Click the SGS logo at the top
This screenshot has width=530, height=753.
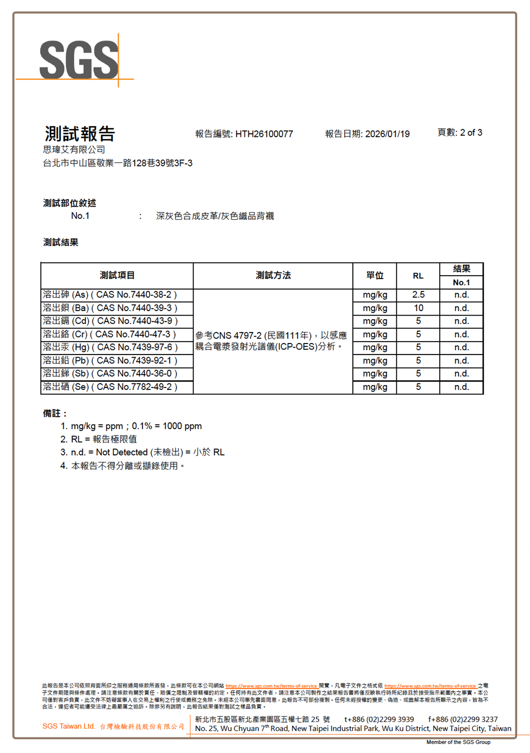pyautogui.click(x=79, y=60)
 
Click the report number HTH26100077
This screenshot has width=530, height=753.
pyautogui.click(x=264, y=134)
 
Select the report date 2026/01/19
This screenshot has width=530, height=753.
pyautogui.click(x=387, y=134)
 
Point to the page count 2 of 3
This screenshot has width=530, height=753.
pyautogui.click(x=471, y=132)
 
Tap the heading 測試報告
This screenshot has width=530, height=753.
pyautogui.click(x=80, y=134)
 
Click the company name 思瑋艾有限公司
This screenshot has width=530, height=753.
pyautogui.click(x=74, y=149)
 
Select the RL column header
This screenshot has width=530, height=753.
pyautogui.click(x=418, y=276)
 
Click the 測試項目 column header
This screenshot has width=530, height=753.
pyautogui.click(x=117, y=275)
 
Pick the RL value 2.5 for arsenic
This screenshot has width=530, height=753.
pyautogui.click(x=418, y=295)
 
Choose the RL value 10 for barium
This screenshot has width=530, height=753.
pyautogui.click(x=418, y=308)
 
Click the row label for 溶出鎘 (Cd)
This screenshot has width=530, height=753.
pyautogui.click(x=110, y=321)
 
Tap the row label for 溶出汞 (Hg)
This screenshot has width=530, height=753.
pyautogui.click(x=110, y=347)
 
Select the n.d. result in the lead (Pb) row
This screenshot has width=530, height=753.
pyautogui.click(x=461, y=360)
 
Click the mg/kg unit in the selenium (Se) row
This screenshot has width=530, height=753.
pyautogui.click(x=375, y=387)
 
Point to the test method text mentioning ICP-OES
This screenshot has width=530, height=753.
pyautogui.click(x=271, y=341)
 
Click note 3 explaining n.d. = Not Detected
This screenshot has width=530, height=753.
pyautogui.click(x=142, y=452)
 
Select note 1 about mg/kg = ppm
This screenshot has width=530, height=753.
pyautogui.click(x=131, y=426)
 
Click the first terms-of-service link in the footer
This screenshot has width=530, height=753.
pyautogui.click(x=271, y=686)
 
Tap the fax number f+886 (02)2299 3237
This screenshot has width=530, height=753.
pyautogui.click(x=463, y=719)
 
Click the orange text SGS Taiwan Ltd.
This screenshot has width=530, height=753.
pyautogui.click(x=69, y=726)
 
